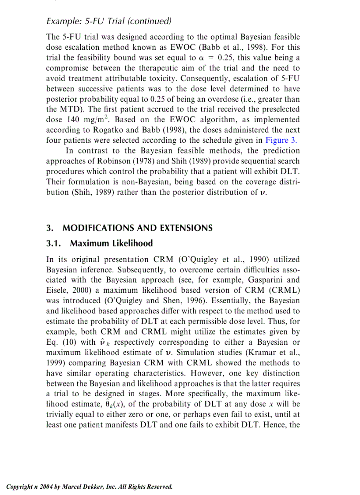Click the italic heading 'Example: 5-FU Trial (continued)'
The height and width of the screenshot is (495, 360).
[x=109, y=21]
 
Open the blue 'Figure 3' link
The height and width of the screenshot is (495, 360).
[x=281, y=141]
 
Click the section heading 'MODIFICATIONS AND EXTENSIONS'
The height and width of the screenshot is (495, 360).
[x=137, y=228]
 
